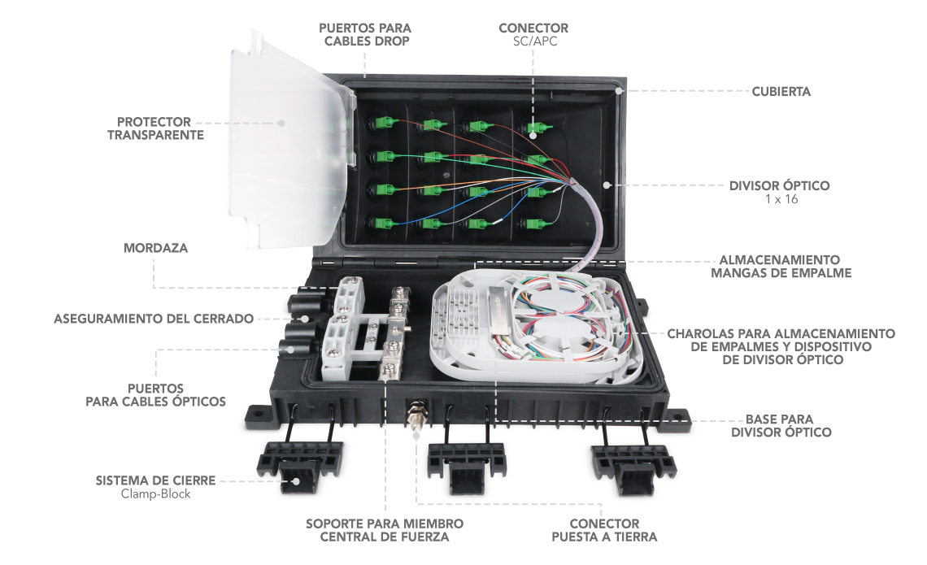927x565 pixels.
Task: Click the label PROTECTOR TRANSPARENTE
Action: (x=155, y=128)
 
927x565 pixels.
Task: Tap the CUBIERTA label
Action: (x=781, y=92)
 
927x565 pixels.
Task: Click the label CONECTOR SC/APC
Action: (x=533, y=34)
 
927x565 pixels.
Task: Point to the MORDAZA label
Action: (x=155, y=248)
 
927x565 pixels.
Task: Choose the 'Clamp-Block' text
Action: (x=154, y=493)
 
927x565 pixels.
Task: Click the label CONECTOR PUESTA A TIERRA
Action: (x=604, y=530)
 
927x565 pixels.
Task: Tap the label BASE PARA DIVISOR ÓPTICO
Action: (x=781, y=426)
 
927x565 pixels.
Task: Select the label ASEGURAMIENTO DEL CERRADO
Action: (x=154, y=319)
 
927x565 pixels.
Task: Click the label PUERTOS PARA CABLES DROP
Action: (x=364, y=34)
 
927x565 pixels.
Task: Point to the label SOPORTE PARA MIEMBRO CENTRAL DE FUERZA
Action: (x=385, y=530)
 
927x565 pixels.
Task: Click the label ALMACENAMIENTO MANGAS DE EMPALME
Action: (x=781, y=267)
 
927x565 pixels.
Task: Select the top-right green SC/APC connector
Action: (x=536, y=127)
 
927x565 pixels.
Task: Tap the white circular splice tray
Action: (x=533, y=325)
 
